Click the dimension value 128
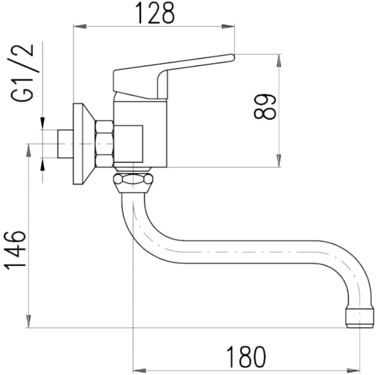click(x=154, y=13)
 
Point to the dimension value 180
click(x=246, y=357)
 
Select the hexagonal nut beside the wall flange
click(x=104, y=144)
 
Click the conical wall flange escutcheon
click(x=84, y=144)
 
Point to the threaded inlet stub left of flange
click(x=65, y=144)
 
